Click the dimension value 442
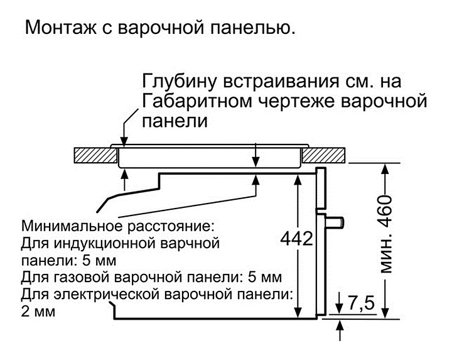tap(297, 238)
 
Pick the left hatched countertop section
tap(92, 155)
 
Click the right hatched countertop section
tap(326, 155)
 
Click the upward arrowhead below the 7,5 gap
tap(339, 325)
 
